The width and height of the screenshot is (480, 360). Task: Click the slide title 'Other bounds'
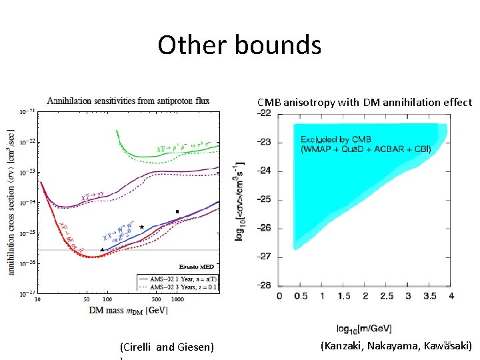tap(239, 45)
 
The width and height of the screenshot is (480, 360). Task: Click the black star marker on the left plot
tap(142, 227)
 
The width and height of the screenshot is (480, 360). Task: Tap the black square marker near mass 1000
tap(177, 212)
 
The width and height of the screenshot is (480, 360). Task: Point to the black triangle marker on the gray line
tap(102, 249)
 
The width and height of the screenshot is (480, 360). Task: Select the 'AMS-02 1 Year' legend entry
tap(178, 277)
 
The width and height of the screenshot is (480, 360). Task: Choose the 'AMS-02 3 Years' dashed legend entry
tap(178, 286)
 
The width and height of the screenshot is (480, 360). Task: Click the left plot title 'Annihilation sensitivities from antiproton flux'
tap(127, 101)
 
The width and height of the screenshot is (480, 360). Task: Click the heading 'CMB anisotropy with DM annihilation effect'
tap(365, 103)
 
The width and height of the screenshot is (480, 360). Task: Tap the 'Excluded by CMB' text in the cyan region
tap(336, 139)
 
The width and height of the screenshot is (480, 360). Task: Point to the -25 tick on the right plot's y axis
tap(265, 199)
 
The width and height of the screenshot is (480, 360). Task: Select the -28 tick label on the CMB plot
tap(265, 285)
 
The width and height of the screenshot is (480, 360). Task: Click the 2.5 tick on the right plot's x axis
tap(387, 295)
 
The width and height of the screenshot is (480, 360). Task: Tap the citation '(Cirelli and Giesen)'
tap(167, 347)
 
